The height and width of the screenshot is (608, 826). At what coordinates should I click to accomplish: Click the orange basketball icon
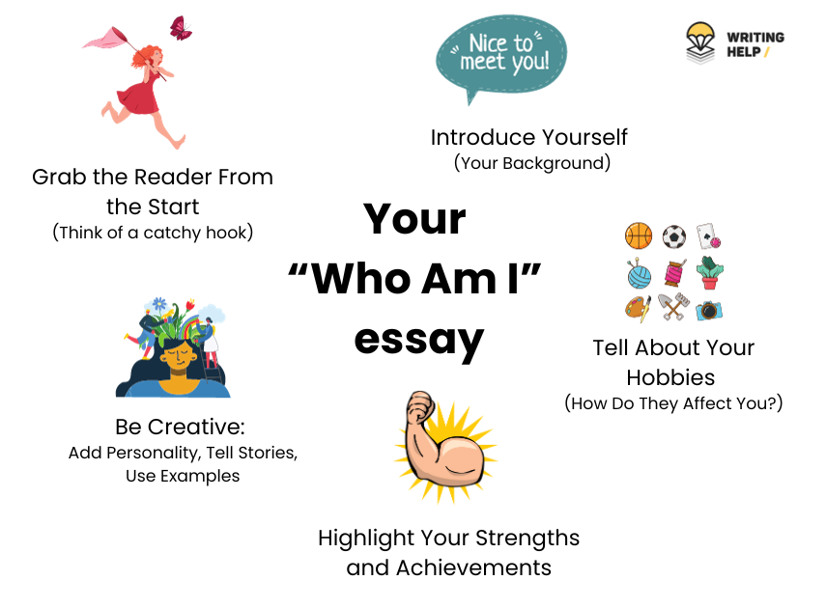(639, 236)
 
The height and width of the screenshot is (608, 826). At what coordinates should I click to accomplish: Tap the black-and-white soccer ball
(674, 236)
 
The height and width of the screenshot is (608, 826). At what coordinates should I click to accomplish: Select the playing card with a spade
(709, 236)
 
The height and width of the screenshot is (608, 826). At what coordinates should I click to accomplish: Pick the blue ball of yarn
(639, 274)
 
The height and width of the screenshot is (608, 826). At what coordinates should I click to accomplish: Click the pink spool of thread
(674, 274)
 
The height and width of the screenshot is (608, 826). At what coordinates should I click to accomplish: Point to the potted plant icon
(710, 273)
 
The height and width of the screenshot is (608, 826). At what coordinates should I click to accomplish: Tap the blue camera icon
(710, 310)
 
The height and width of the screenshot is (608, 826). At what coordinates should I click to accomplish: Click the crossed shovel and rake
(673, 308)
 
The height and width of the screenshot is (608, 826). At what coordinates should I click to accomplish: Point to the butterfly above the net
(181, 27)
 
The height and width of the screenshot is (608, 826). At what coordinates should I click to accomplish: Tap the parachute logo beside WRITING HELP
(701, 42)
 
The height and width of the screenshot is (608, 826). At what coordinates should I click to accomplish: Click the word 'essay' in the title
(418, 339)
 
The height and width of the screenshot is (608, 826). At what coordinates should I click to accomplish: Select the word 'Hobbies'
(673, 376)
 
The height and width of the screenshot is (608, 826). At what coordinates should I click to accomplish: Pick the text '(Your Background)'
(532, 163)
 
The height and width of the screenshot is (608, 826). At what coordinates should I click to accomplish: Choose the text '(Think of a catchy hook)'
(153, 233)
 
